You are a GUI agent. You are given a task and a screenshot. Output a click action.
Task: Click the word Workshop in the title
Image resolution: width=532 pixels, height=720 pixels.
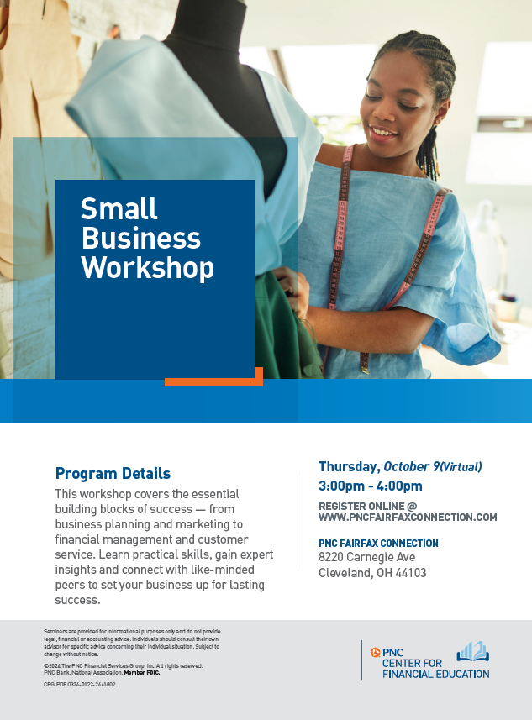[147, 268]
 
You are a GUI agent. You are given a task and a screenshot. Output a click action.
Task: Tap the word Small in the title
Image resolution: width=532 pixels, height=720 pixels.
[119, 209]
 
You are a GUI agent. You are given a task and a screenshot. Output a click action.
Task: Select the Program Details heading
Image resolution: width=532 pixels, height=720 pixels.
[113, 473]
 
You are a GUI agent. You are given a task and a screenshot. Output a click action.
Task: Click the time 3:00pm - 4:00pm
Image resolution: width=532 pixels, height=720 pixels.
[371, 486]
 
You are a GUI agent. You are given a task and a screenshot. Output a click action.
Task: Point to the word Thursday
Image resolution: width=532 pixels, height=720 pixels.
[348, 467]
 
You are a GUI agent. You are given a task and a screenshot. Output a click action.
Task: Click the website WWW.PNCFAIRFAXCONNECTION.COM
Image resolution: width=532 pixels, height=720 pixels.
[408, 518]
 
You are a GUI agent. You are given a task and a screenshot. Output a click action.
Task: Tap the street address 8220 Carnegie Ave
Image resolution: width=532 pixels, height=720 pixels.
[367, 557]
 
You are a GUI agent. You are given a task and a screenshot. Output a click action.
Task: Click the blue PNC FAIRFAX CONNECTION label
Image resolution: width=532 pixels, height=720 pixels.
[378, 544]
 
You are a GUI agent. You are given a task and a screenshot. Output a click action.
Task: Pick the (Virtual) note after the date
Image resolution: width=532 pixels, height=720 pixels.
[461, 467]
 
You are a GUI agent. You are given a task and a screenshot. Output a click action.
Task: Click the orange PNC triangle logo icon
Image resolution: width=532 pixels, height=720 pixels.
[376, 653]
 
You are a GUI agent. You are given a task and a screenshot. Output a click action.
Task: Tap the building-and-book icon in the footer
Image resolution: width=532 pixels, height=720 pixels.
[472, 652]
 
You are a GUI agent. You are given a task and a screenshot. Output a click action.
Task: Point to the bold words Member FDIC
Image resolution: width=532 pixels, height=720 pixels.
[142, 673]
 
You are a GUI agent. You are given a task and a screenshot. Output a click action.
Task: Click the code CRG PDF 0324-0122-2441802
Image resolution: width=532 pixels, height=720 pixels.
[80, 684]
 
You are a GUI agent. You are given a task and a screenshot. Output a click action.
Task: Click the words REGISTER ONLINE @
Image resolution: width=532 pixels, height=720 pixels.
[367, 507]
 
